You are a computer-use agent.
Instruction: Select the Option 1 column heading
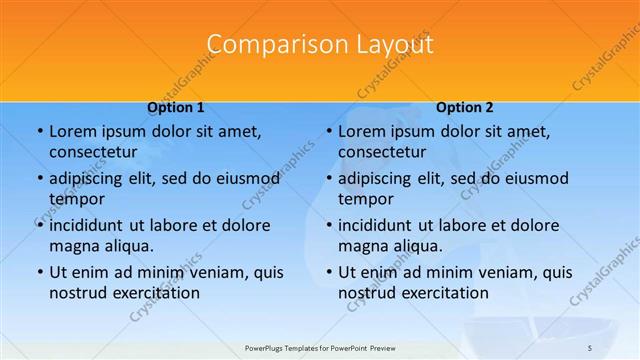point(176,107)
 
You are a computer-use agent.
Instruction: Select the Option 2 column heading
point(465,107)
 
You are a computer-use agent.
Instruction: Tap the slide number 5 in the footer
point(590,347)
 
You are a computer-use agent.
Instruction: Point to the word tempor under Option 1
point(76,198)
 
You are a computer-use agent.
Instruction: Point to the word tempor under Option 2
point(366,198)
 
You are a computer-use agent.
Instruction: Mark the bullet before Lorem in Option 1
point(39,132)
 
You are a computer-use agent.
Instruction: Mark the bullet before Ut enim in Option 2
point(329,272)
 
